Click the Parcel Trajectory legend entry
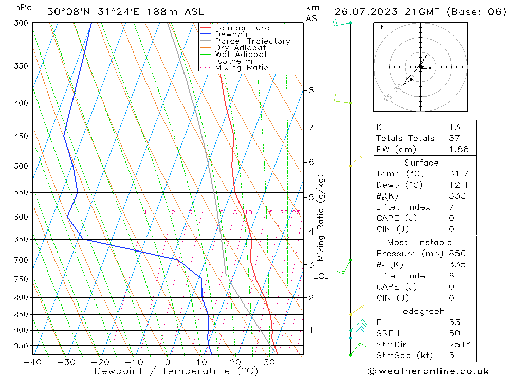coord(252,41)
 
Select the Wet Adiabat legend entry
coord(241,55)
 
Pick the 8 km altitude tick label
coord(311,91)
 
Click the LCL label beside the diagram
coord(320,276)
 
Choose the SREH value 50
coord(454,333)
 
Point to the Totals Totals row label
coord(405,138)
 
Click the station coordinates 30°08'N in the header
coord(67,11)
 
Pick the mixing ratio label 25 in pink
coord(296,212)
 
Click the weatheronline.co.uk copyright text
coord(429,371)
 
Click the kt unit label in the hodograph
coord(380,27)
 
